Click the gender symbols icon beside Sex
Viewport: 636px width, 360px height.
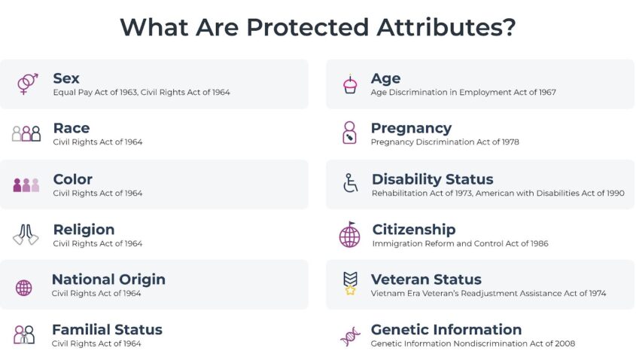point(28,84)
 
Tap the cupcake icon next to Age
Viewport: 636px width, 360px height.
point(350,84)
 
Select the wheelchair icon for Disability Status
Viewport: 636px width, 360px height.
point(351,183)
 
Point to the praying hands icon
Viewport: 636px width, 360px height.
point(26,234)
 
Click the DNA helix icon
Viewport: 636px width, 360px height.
point(350,337)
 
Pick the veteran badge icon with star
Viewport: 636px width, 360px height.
point(350,283)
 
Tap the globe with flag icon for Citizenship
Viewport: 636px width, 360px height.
point(350,234)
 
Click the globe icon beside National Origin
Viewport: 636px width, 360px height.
point(24,288)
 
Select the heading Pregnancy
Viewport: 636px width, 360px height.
point(411,129)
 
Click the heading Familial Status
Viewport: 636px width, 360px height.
point(107,330)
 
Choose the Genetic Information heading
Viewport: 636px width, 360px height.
point(446,330)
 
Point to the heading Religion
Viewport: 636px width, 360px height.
point(84,230)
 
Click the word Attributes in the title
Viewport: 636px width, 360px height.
point(446,27)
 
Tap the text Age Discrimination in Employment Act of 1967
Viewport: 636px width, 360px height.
point(463,93)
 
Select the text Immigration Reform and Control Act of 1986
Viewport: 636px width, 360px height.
point(460,243)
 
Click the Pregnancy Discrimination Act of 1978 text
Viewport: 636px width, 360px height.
point(445,142)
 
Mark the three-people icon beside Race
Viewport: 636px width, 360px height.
point(26,133)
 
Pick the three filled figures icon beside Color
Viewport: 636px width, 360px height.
point(26,185)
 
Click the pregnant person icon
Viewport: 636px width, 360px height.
point(350,133)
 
